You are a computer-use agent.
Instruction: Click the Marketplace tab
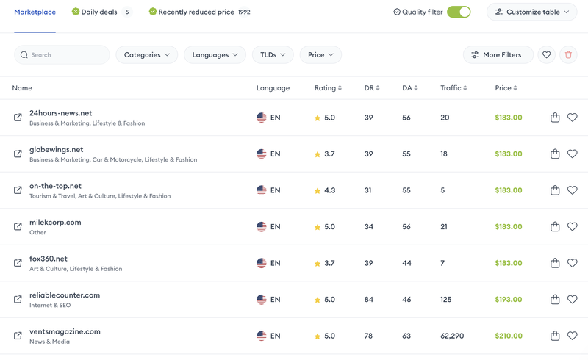coord(35,12)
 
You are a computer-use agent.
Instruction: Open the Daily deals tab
coord(99,12)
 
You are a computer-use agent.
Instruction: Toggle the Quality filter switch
coord(459,12)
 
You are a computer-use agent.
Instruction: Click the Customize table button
coord(531,12)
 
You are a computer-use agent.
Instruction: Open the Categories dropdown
coord(147,55)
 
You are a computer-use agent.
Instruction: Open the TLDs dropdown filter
coord(273,55)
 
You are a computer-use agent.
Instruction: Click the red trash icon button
coord(567,55)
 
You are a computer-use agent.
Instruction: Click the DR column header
coord(372,88)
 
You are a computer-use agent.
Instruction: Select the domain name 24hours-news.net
coord(60,113)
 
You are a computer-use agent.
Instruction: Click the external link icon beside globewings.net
coord(18,154)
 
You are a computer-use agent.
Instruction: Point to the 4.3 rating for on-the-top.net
coord(329,190)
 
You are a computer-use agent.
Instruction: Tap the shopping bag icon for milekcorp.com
coord(555,227)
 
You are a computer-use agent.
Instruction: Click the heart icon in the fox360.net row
coord(573,263)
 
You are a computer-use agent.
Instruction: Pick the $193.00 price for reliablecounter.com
coord(509,300)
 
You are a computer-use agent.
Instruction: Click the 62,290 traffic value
coord(452,336)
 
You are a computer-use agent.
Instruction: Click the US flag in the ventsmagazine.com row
coord(262,336)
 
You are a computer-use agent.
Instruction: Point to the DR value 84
coord(369,300)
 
